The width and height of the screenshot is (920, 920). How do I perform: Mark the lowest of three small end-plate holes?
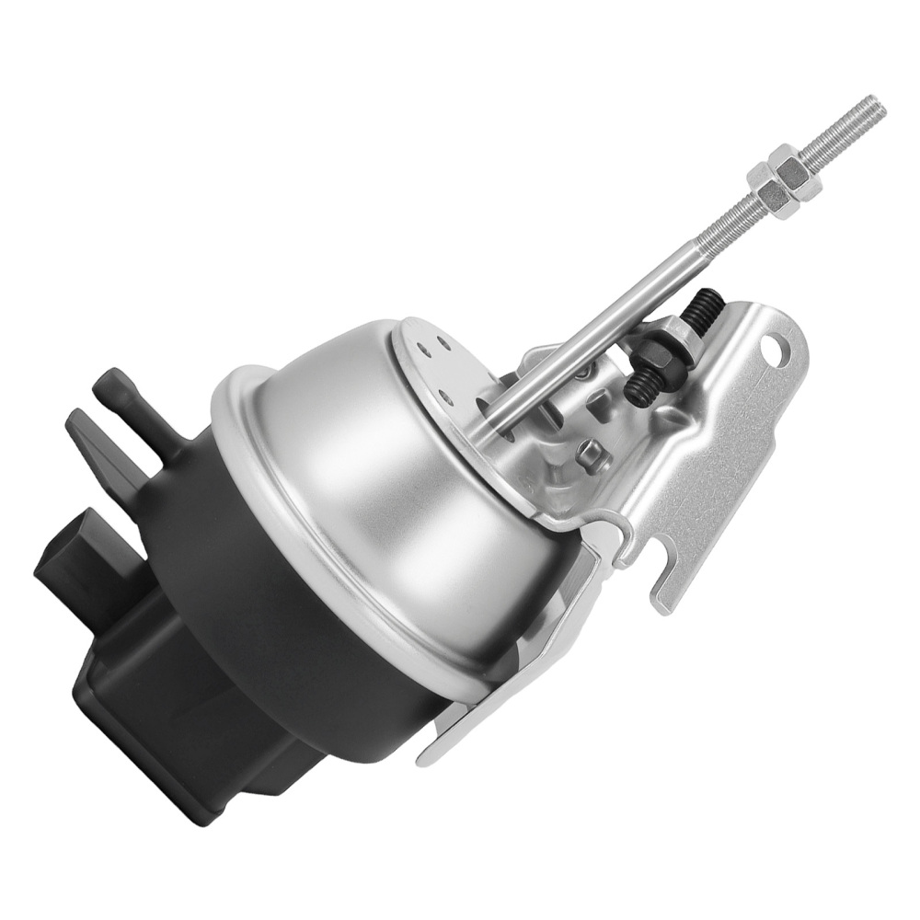tap(448, 396)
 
